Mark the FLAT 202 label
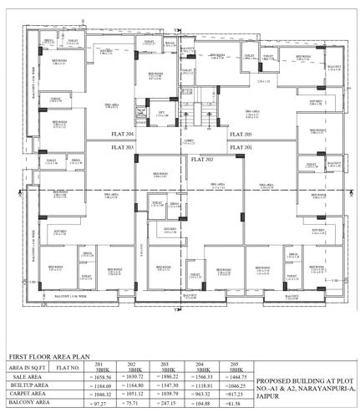click(x=202, y=158)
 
